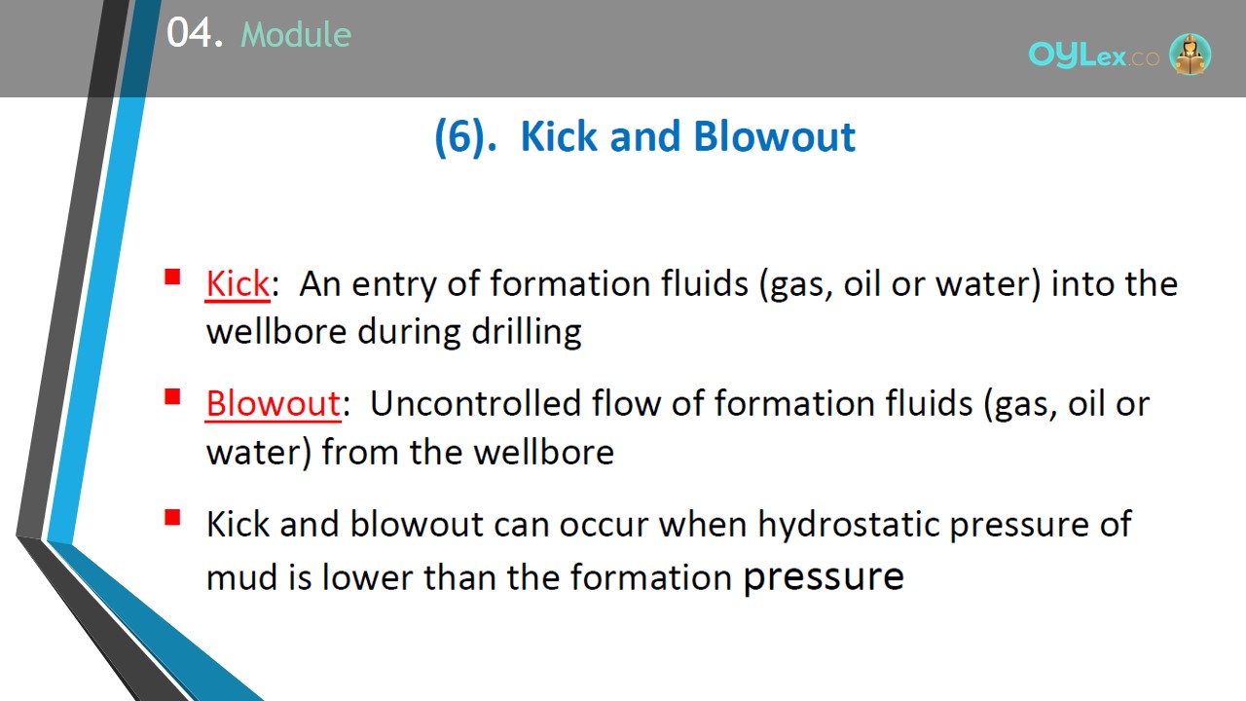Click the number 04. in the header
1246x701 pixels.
pos(195,32)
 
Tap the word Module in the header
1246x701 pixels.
pos(296,34)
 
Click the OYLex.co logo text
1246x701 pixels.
pos(1093,55)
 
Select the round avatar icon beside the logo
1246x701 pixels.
pos(1190,55)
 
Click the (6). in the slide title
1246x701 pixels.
pos(465,137)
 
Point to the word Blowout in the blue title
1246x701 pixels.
pos(775,136)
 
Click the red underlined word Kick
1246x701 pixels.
pos(238,284)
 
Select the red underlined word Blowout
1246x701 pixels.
pos(274,403)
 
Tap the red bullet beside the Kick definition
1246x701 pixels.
pos(172,277)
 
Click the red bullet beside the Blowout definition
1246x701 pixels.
pos(172,396)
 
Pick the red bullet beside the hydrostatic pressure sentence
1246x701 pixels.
pos(172,517)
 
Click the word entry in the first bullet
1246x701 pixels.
pos(394,285)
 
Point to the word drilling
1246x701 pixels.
pos(527,333)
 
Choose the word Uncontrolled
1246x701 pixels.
pos(475,403)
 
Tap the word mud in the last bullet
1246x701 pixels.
pos(241,577)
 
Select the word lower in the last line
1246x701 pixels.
pos(368,577)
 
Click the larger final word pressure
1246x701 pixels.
pos(824,578)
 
